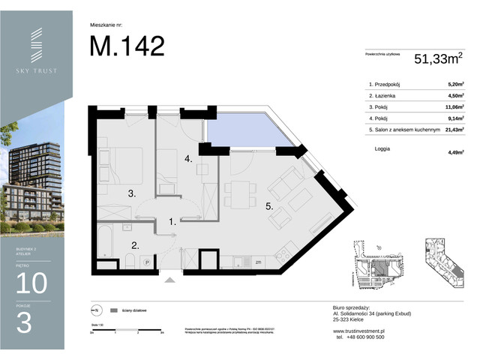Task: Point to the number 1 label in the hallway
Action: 172,221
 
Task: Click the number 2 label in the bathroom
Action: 135,245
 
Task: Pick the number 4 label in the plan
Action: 190,159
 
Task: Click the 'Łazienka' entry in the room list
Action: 382,95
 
